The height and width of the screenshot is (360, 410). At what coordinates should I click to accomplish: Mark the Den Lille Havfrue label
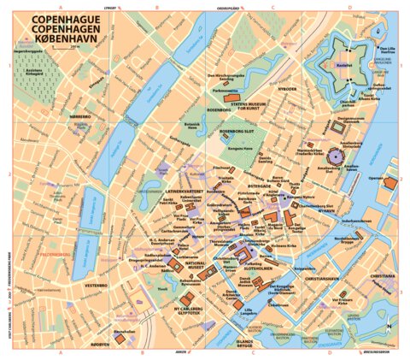click(387, 50)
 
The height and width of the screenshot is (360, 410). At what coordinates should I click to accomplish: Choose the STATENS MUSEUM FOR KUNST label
click(237, 106)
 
